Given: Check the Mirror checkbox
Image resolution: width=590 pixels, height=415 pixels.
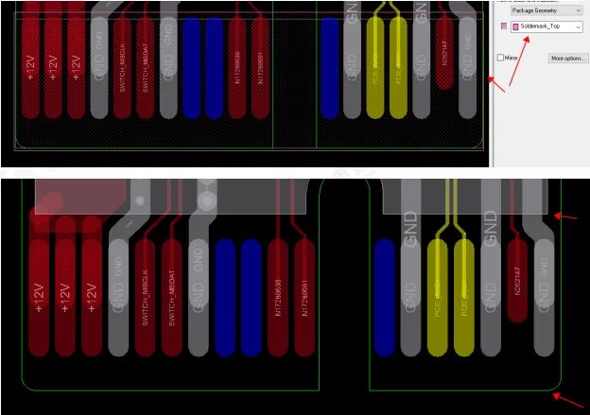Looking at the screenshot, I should point(501,59).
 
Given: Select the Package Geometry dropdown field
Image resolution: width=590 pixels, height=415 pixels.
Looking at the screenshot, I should point(547,9).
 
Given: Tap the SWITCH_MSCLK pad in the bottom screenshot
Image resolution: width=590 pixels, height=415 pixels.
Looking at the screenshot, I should point(144,293).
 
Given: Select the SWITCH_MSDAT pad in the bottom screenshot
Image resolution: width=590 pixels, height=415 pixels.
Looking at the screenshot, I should point(171,293).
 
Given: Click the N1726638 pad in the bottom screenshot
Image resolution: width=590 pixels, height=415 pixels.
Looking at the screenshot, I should point(277,293).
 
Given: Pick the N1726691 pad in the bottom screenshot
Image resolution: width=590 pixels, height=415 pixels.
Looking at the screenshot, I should point(304,293).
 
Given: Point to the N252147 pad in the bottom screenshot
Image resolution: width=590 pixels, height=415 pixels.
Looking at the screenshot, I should point(517,279).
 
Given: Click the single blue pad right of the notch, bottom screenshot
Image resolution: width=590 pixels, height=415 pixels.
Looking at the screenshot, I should point(384,293).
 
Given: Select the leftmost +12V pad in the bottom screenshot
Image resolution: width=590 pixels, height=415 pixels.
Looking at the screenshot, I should point(39,293).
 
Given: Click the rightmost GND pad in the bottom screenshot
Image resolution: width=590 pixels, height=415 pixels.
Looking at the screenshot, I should point(544,293).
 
